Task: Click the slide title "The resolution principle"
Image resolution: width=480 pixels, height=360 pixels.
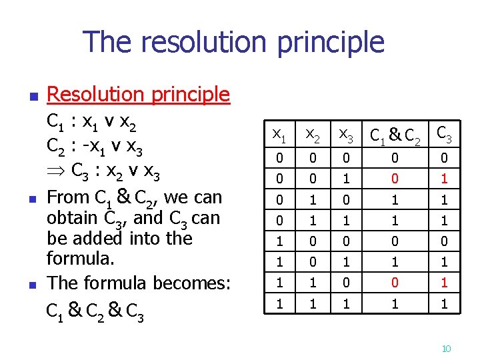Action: (x=234, y=43)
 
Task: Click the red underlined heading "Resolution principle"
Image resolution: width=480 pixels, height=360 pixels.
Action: (x=139, y=95)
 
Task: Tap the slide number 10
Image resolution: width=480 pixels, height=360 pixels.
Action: (x=447, y=348)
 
